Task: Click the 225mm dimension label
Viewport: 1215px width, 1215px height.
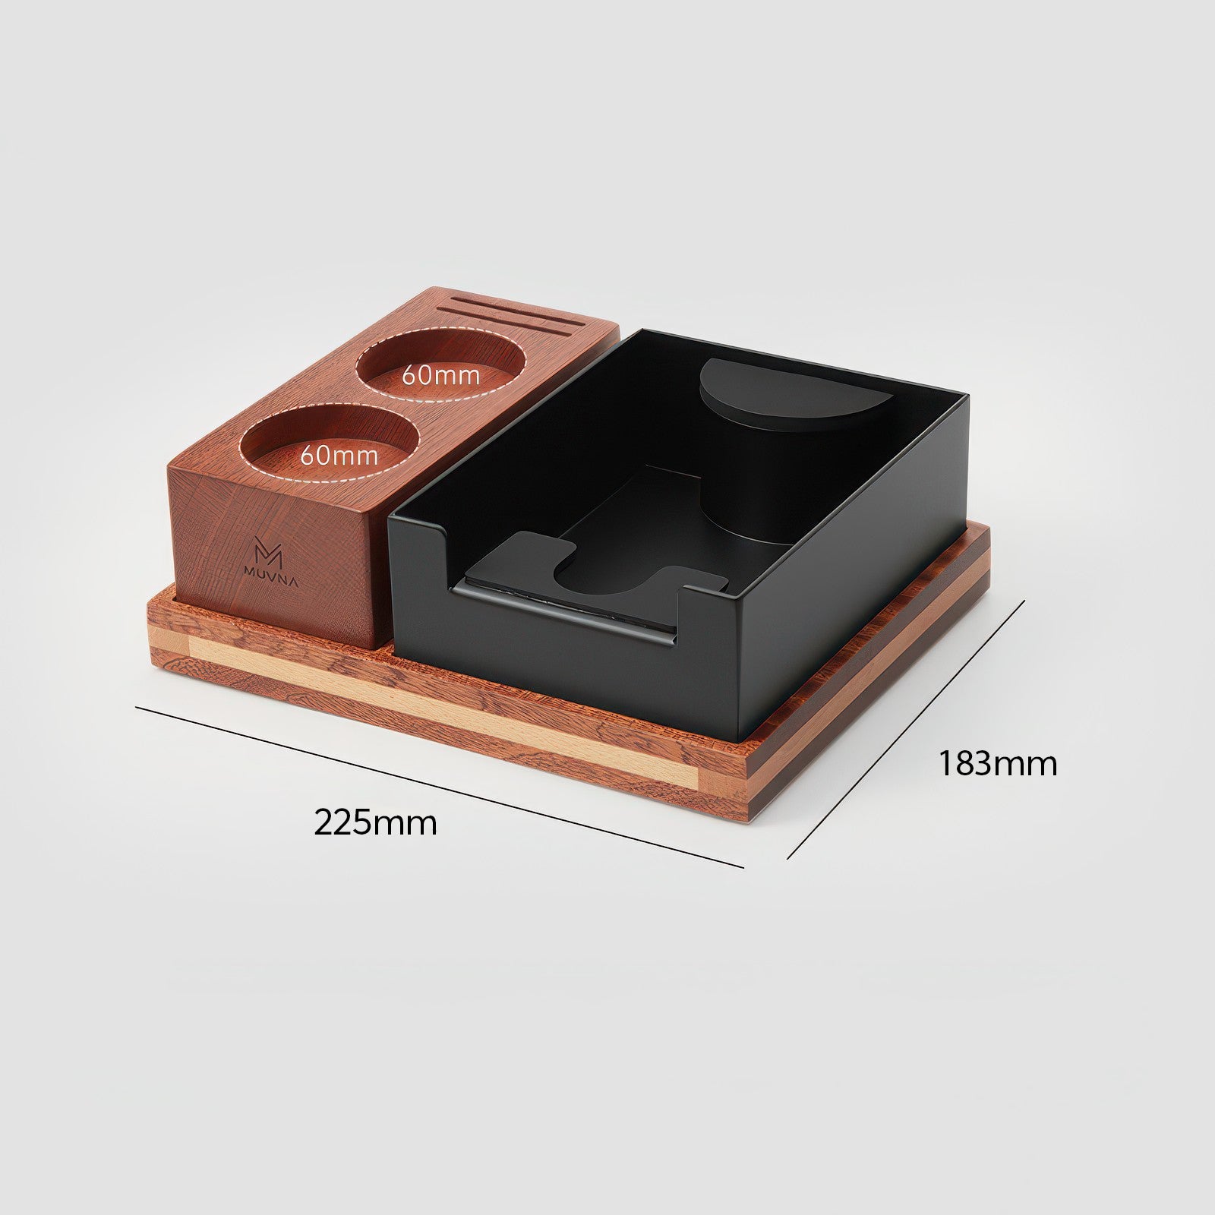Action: click(375, 822)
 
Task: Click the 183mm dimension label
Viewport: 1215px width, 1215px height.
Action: click(997, 763)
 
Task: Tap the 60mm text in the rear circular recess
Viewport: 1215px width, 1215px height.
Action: click(440, 374)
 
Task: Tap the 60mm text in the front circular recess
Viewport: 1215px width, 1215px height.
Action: click(339, 456)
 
